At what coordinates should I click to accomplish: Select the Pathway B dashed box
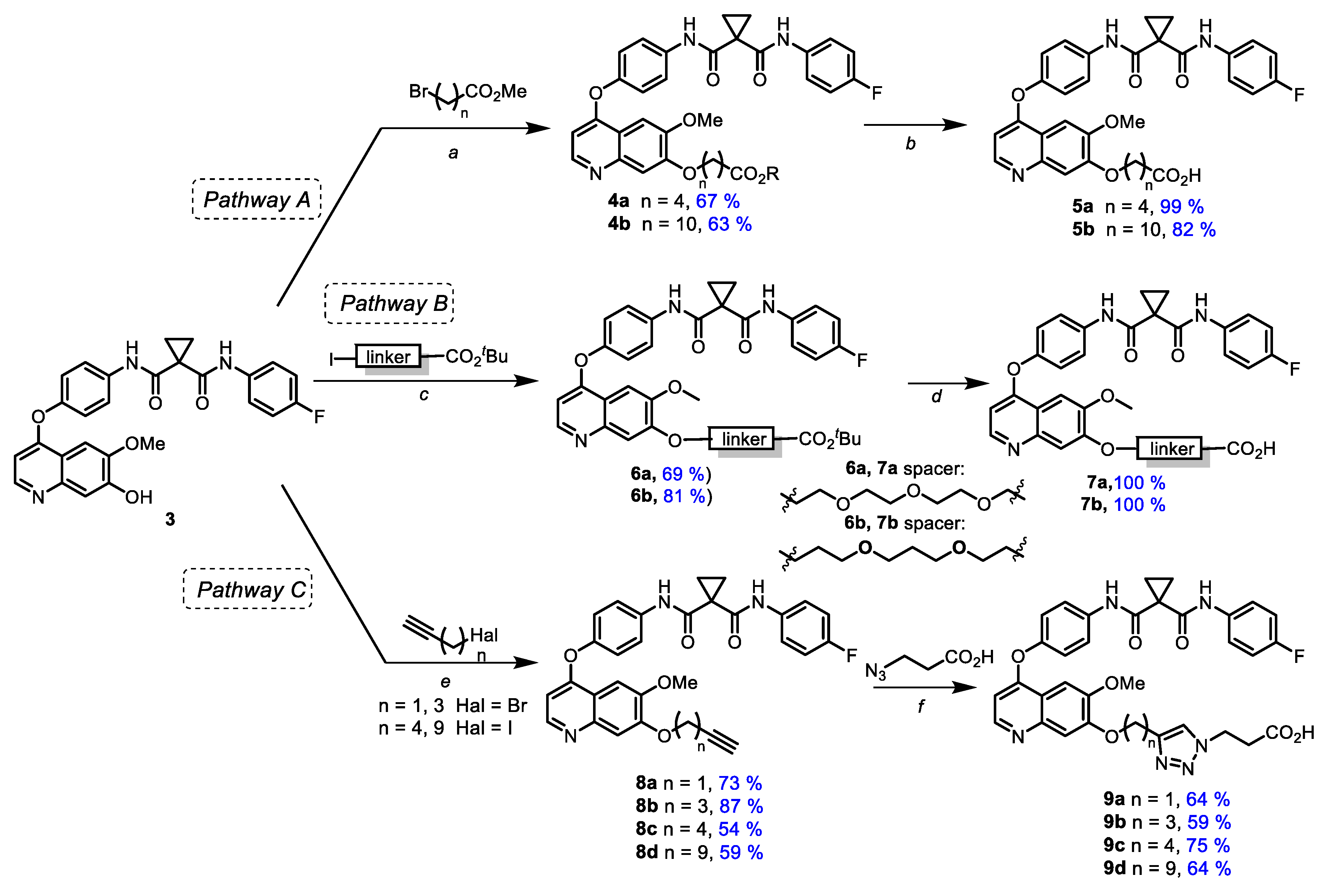pos(389,303)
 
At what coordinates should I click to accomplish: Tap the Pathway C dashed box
pos(247,589)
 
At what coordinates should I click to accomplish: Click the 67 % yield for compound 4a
pos(717,201)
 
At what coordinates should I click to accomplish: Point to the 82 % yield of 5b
pos(1194,229)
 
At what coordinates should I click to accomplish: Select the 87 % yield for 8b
pos(741,806)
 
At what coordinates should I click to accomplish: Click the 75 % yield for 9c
pos(1208,845)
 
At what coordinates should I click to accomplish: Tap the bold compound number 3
pos(170,519)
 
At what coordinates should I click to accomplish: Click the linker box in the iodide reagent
pos(388,357)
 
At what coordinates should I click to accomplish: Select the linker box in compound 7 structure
pos(1169,449)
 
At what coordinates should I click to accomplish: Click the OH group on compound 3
pos(139,497)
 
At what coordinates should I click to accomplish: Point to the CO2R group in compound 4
pos(754,174)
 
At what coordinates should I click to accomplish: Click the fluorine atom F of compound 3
pos(319,417)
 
